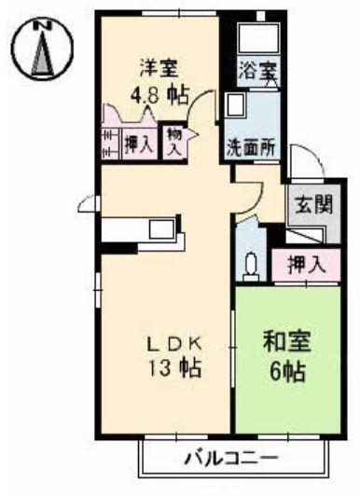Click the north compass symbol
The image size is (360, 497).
[x=39, y=49]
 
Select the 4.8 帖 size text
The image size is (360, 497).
[x=159, y=93]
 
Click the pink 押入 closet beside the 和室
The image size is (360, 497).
[x=307, y=265]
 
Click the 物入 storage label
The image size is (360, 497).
[x=174, y=141]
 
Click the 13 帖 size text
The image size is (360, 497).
[x=172, y=367]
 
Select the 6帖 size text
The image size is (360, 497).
[x=288, y=369]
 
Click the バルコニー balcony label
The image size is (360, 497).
[x=229, y=459]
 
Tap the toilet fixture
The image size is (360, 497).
[x=250, y=266]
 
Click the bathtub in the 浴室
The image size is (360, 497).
[x=256, y=38]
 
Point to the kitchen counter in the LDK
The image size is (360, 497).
[x=140, y=229]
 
